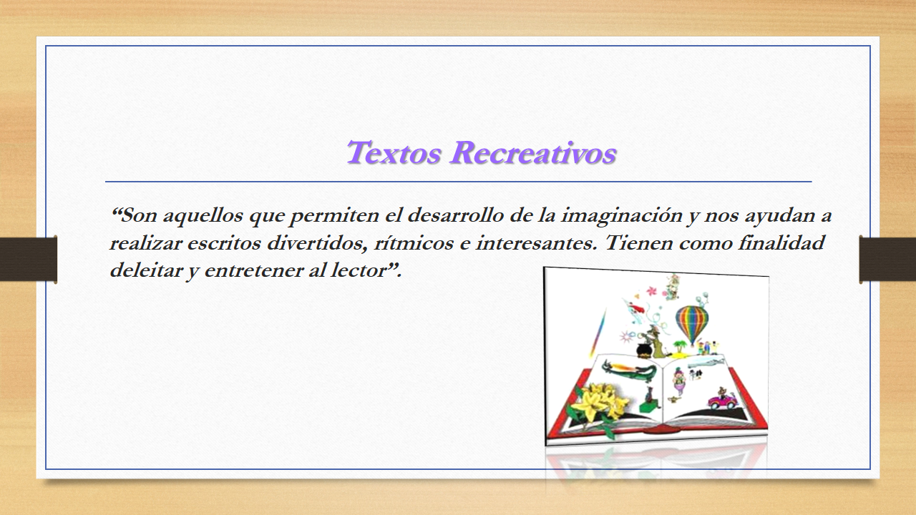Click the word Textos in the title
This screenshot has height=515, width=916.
[394, 153]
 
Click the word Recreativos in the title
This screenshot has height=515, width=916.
[533, 153]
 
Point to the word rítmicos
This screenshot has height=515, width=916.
[414, 242]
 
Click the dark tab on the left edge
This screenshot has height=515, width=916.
[28, 259]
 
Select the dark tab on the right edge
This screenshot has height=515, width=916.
[887, 259]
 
